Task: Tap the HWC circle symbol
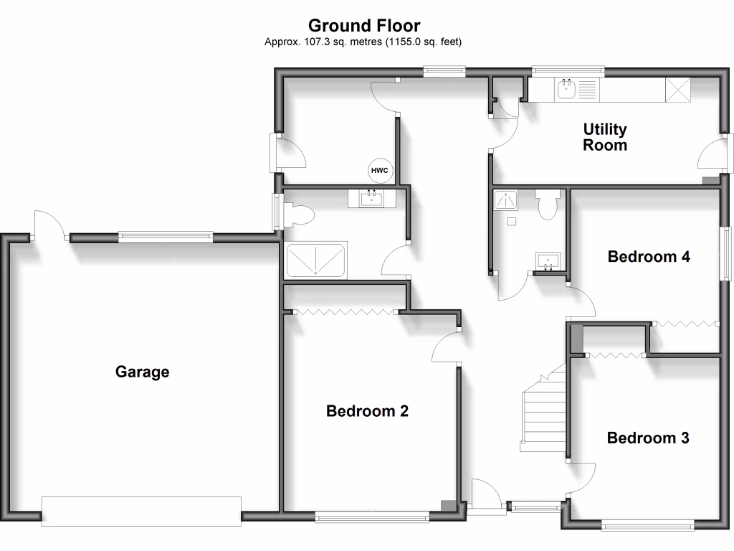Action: [379, 171]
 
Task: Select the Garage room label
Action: [143, 372]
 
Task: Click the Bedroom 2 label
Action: [367, 411]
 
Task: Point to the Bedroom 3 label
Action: [648, 438]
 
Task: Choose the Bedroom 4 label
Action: [649, 256]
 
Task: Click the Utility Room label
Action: [605, 137]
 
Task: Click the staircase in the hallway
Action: [543, 413]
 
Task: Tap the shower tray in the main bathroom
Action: [316, 260]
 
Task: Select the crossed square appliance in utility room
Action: [679, 90]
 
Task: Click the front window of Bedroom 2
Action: [372, 515]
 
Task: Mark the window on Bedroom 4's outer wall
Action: [725, 255]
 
